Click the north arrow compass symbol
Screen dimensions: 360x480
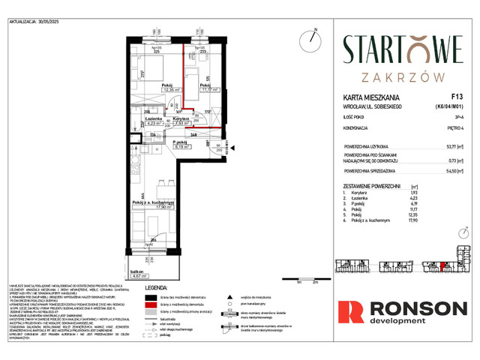[x=308, y=38]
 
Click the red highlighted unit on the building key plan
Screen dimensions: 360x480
[x=443, y=264]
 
